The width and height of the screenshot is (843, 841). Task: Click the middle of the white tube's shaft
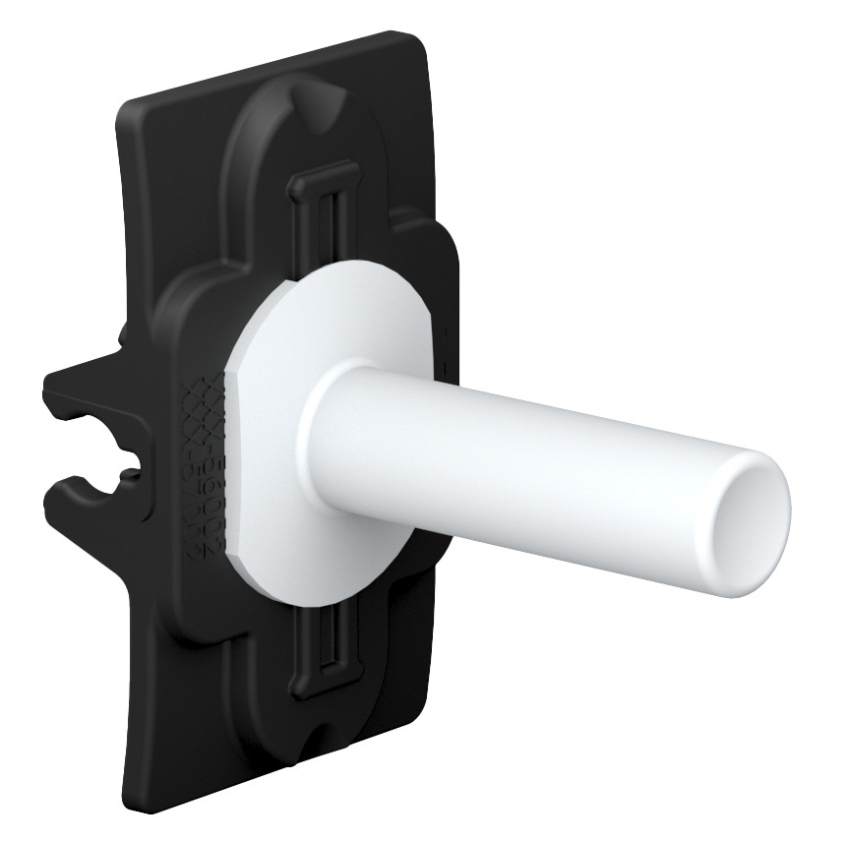pos(531,462)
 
